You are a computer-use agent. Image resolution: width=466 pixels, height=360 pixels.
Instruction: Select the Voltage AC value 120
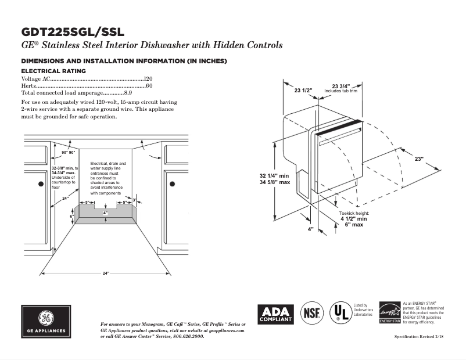coord(148,78)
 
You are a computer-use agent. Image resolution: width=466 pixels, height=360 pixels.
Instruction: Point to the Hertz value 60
coord(149,85)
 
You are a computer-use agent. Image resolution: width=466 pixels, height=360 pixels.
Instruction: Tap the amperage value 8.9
coord(128,92)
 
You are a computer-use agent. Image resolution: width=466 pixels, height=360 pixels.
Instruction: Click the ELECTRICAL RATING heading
coord(53,71)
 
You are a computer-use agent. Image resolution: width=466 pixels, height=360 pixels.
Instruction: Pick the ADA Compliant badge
coord(276,315)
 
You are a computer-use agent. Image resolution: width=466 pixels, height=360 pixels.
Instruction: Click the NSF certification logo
coord(312,314)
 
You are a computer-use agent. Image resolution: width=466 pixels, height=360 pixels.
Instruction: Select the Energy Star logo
coord(389,312)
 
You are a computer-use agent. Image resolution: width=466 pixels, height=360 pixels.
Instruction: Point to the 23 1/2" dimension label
coord(303,90)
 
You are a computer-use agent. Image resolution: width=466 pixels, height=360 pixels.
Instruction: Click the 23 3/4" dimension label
coord(340,87)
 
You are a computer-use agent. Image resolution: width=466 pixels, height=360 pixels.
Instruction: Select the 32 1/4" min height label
coord(275,175)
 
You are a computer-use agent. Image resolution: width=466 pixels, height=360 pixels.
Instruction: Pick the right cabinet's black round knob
coord(173,183)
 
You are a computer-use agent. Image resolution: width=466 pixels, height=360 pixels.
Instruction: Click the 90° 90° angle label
coord(69,152)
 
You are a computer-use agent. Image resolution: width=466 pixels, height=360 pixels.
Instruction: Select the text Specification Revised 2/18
coord(419,337)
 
